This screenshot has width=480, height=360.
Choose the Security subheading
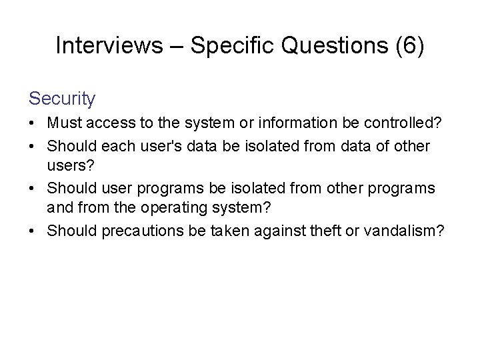coord(62,99)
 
